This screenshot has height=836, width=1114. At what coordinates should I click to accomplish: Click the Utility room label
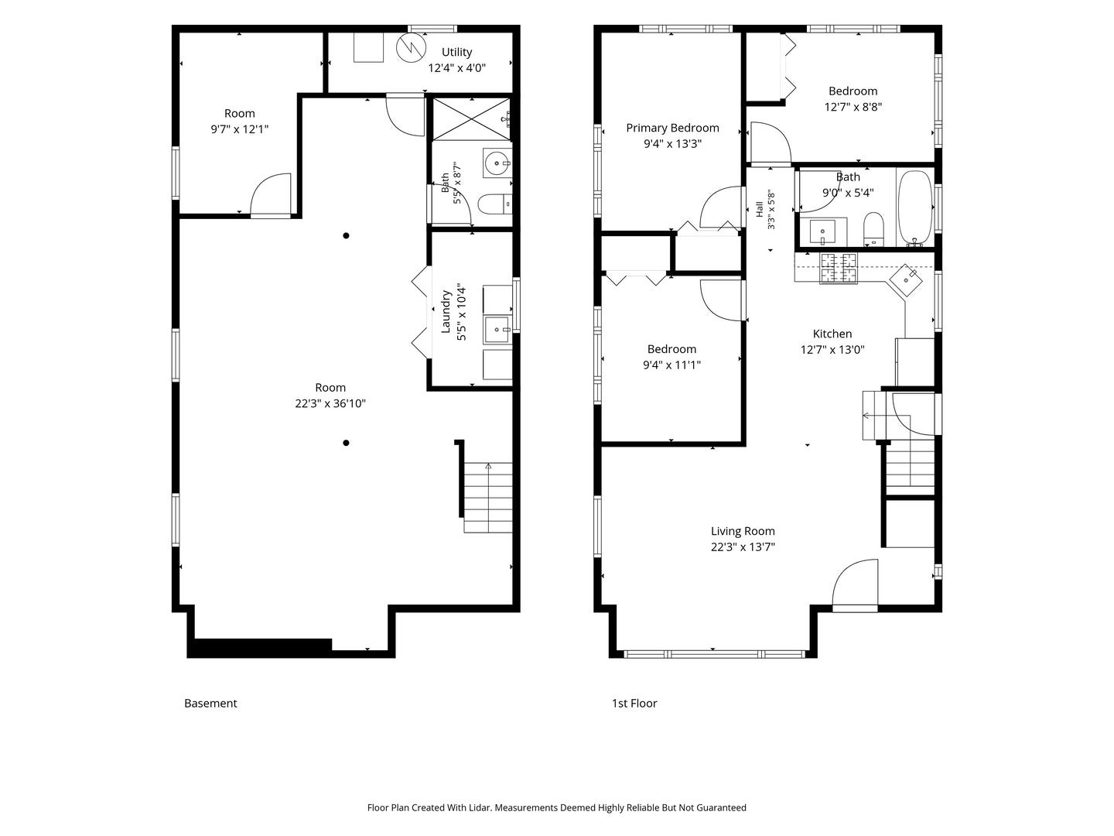click(x=456, y=52)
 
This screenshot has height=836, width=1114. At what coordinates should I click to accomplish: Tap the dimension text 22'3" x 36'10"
click(x=330, y=403)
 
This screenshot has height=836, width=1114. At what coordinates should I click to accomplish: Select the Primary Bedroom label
click(x=672, y=128)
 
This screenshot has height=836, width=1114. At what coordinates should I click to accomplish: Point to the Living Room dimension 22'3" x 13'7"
click(x=743, y=546)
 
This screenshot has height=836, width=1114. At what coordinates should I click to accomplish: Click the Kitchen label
click(x=832, y=334)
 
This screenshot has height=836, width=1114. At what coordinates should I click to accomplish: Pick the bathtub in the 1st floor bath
click(x=915, y=209)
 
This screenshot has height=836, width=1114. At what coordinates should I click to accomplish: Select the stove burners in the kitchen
click(x=839, y=268)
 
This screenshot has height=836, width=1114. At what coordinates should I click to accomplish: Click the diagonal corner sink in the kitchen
click(x=905, y=279)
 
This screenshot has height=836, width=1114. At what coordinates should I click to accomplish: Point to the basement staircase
click(x=487, y=498)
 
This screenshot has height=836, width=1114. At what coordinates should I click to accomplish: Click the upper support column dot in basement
click(x=346, y=235)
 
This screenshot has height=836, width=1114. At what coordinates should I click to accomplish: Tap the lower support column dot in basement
click(x=346, y=443)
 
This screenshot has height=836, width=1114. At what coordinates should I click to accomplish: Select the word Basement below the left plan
click(x=210, y=704)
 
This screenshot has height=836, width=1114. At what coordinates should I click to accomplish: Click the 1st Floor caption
click(x=634, y=704)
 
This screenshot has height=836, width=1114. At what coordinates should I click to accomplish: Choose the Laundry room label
click(x=446, y=312)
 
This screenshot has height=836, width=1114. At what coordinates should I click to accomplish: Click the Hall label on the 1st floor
click(x=760, y=209)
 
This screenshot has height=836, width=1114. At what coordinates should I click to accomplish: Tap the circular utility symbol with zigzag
click(x=411, y=48)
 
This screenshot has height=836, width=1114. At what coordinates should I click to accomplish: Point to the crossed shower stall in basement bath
click(x=471, y=118)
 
